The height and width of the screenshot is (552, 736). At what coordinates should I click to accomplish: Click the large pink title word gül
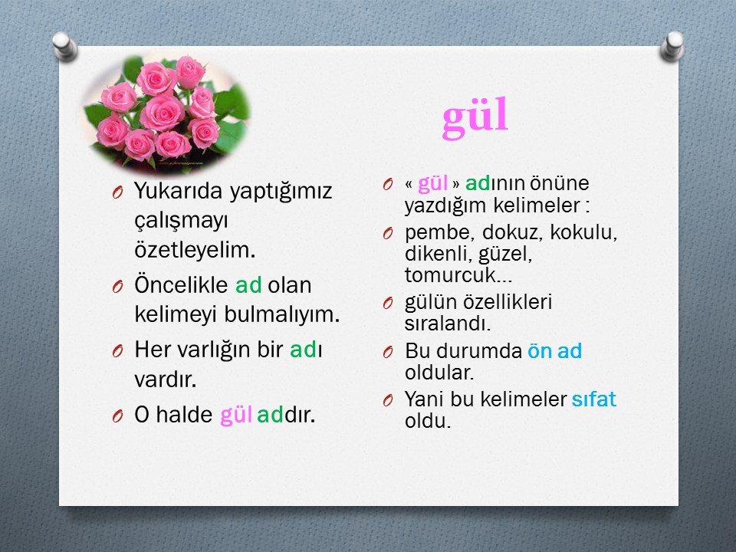[475, 117]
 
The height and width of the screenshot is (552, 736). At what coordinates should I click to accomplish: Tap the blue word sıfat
[593, 399]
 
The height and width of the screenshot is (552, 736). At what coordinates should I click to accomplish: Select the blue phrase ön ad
[555, 350]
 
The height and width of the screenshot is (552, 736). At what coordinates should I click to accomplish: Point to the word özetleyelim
[195, 250]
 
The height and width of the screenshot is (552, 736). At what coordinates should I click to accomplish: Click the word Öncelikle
[181, 284]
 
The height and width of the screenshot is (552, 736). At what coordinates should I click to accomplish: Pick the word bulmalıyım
[281, 314]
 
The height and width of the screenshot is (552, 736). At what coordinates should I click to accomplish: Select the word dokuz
[512, 232]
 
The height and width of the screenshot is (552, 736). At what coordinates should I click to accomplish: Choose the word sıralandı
[448, 324]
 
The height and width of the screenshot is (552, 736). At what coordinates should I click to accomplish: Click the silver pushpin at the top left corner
[64, 46]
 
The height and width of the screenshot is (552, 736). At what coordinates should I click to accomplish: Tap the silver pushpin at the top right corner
[672, 46]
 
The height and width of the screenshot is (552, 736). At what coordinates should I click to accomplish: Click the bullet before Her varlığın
[118, 350]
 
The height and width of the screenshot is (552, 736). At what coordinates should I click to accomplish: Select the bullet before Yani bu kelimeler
[388, 400]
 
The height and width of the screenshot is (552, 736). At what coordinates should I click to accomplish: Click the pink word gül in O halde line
[236, 415]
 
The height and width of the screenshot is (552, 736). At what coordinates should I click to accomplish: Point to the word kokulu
[583, 232]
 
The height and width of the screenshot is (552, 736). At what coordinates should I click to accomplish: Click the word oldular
[439, 373]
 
